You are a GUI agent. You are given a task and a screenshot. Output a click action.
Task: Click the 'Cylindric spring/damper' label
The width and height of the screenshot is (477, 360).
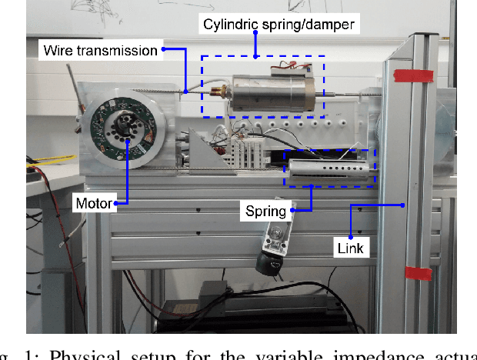279,25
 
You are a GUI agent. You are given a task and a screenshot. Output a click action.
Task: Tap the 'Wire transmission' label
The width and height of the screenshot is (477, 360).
100,51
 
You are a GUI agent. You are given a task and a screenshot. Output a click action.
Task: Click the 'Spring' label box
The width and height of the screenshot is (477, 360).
265,210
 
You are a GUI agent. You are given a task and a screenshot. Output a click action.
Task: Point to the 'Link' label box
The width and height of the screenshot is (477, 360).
349,248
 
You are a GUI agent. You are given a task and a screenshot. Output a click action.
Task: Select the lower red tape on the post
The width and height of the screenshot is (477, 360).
418,273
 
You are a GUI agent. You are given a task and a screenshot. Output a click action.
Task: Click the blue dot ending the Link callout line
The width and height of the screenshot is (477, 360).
404,205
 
